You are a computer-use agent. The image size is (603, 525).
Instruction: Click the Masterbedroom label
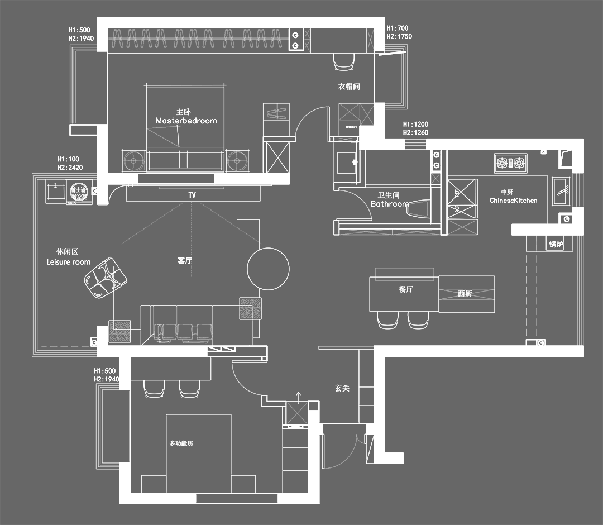pyautogui.click(x=186, y=121)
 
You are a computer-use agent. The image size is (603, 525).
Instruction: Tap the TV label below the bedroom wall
pyautogui.click(x=192, y=195)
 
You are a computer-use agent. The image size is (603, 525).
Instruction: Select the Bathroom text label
pyautogui.click(x=389, y=204)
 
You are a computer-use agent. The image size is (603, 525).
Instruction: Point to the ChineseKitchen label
pyautogui.click(x=513, y=201)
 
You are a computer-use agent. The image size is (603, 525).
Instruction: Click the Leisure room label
pyautogui.click(x=68, y=262)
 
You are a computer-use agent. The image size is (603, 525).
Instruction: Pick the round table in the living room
pyautogui.click(x=268, y=268)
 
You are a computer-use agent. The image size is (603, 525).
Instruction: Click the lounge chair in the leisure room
pyautogui.click(x=104, y=277)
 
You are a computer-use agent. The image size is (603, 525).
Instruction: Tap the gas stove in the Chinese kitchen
pyautogui.click(x=510, y=163)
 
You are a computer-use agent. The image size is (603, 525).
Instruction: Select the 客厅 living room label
pyautogui.click(x=185, y=261)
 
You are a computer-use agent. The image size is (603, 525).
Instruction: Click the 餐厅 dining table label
pyautogui.click(x=406, y=289)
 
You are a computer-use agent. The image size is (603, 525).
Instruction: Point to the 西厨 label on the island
pyautogui.click(x=465, y=293)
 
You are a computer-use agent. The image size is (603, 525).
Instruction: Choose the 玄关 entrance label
pyautogui.click(x=342, y=388)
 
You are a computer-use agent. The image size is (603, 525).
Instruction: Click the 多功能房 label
pyautogui.click(x=181, y=443)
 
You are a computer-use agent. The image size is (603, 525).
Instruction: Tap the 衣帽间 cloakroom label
pyautogui.click(x=348, y=87)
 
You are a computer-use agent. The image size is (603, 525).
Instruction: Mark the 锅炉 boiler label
pyautogui.click(x=556, y=244)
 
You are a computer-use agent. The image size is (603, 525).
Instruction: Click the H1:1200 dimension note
pyautogui.click(x=415, y=125)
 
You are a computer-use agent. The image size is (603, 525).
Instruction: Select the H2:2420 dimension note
pyautogui.click(x=70, y=167)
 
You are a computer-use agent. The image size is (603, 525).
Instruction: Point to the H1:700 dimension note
pyautogui.click(x=397, y=28)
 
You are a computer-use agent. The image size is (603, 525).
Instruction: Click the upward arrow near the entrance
pyautogui.click(x=298, y=397)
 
